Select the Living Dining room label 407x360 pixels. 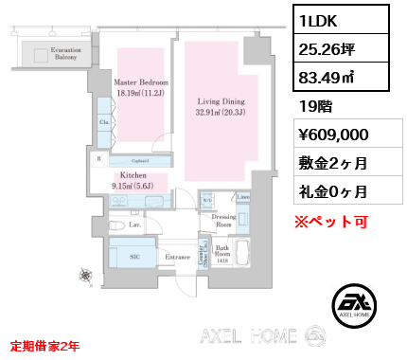(x=221, y=105)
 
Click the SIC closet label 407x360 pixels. (x=135, y=256)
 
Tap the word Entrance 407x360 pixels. (x=179, y=256)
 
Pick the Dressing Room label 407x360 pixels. (x=223, y=220)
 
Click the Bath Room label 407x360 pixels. (x=222, y=252)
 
